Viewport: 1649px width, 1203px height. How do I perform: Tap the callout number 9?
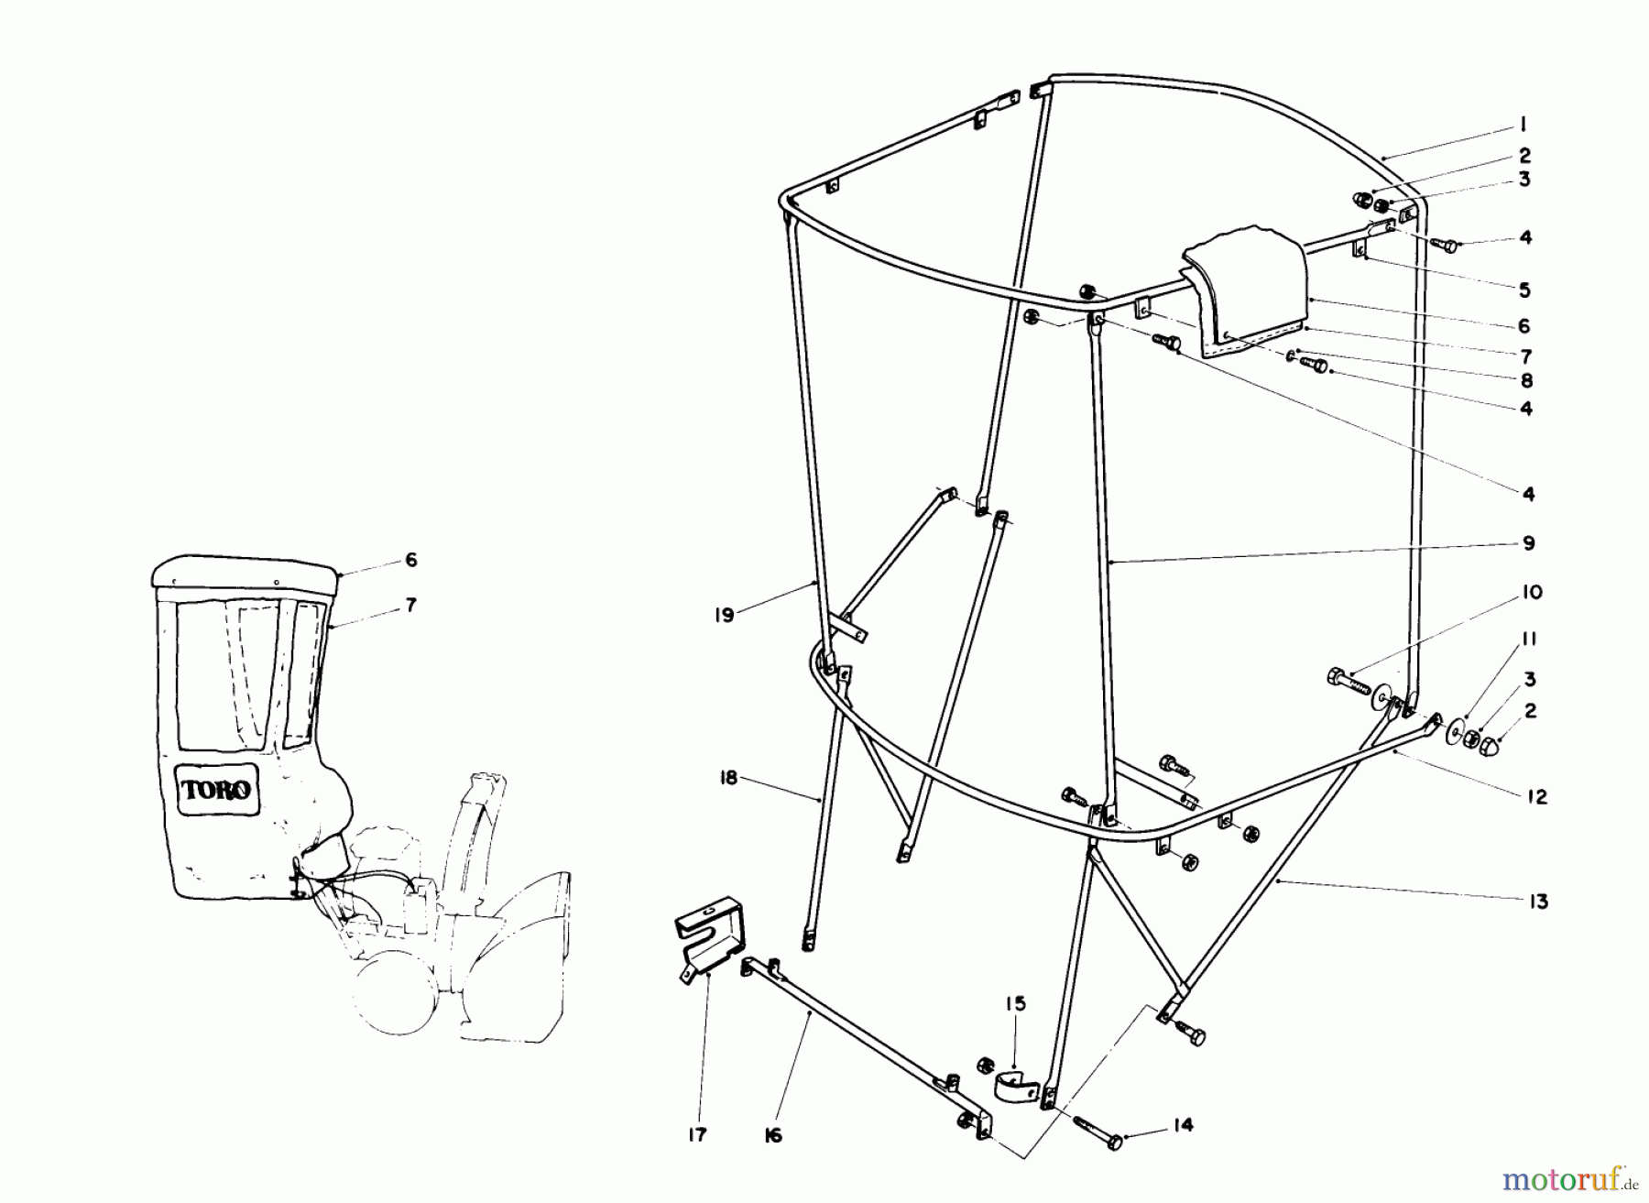coord(1528,543)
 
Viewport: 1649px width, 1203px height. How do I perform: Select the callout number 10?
coord(1530,593)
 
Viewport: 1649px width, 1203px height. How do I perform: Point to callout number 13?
coord(1538,902)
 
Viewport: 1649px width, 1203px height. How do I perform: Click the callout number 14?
coord(1184,1125)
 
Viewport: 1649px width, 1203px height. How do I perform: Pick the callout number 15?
coord(1015,1003)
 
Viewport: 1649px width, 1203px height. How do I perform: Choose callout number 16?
coord(773,1136)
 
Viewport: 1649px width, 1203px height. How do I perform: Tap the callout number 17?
coord(697,1135)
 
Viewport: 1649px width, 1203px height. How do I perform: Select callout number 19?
coord(724,615)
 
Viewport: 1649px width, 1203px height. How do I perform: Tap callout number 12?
coord(1537,797)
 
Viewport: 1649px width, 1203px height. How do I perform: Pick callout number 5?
coord(1524,290)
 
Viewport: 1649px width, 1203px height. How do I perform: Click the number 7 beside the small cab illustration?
coord(410,606)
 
